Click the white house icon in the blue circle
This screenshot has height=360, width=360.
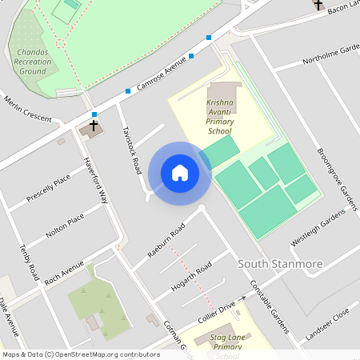coord(180,173)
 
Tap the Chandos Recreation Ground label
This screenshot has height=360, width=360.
coord(33,62)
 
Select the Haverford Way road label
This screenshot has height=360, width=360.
coord(96,179)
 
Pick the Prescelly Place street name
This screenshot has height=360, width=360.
coord(49,187)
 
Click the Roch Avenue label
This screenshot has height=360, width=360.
coord(64,274)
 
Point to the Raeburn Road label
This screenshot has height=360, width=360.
coord(166,241)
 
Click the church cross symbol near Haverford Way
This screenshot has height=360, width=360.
coord(94,126)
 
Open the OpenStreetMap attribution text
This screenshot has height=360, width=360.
coord(81,354)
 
